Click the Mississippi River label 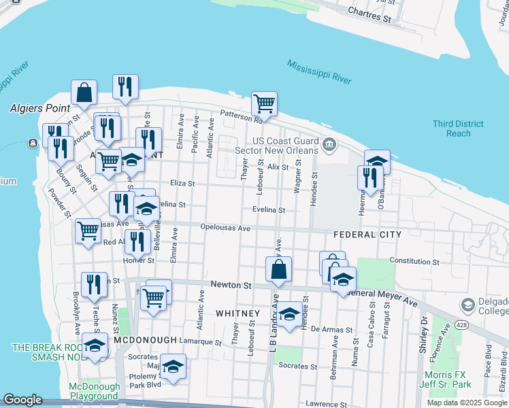318,71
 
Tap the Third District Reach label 458,129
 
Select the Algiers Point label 37,108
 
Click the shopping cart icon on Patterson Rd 263,104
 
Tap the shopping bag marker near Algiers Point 84,92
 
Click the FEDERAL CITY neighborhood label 367,235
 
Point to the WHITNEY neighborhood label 237,313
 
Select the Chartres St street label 369,15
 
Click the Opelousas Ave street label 225,228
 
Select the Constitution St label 415,261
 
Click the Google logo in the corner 22,400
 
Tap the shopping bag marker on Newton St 279,269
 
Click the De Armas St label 331,329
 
